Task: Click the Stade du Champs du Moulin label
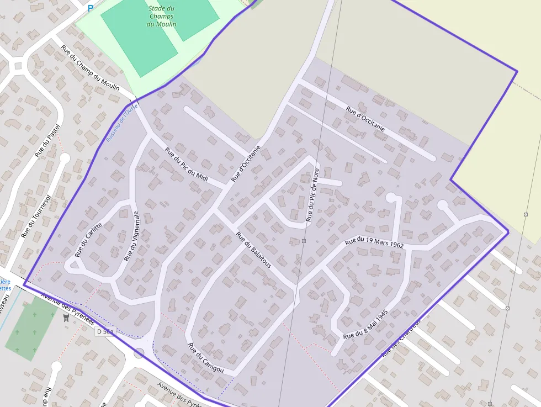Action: coord(162,16)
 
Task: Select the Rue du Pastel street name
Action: coord(47,140)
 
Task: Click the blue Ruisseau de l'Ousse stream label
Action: coord(121,123)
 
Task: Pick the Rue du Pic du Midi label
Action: coord(187,163)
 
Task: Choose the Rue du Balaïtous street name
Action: coord(254,250)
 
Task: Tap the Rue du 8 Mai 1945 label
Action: coord(365,324)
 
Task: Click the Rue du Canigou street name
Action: coord(205,358)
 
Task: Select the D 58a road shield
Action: coord(105,331)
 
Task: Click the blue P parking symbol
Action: coord(91,8)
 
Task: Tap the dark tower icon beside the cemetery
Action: coord(67,318)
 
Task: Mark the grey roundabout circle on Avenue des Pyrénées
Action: coord(139,353)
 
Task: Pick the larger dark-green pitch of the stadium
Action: coord(139,38)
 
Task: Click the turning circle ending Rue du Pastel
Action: coord(65,158)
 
